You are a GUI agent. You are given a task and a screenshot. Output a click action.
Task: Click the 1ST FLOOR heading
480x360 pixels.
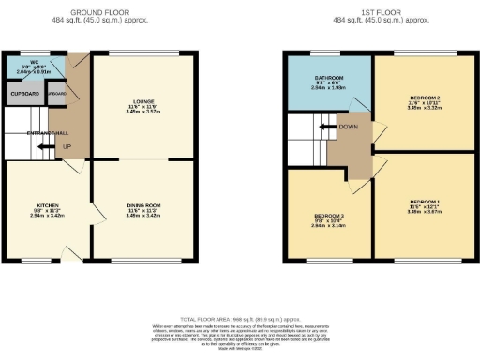tap(380, 12)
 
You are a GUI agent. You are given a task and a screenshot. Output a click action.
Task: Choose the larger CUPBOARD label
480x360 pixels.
tap(23, 94)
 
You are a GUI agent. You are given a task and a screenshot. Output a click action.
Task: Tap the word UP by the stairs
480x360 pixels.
tap(66, 146)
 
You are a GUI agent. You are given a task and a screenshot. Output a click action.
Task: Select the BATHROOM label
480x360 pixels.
tap(329, 77)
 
